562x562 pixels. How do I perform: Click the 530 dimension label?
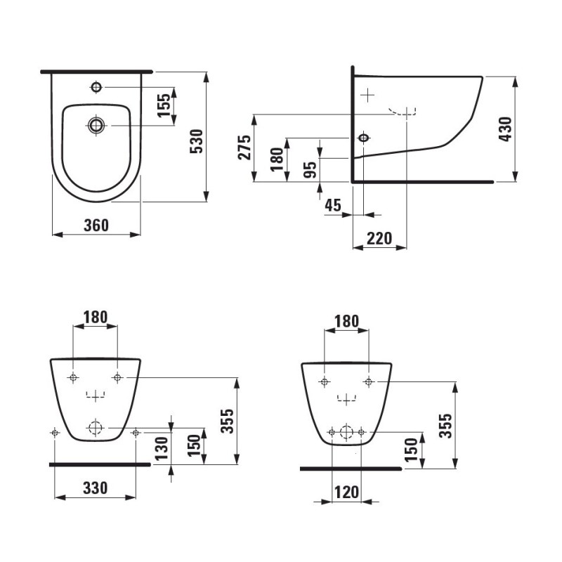(197, 141)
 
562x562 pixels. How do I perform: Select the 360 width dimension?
(96, 225)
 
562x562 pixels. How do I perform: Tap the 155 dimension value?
(164, 106)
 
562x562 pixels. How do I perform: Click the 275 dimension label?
(244, 148)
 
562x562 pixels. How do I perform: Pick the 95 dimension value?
(310, 169)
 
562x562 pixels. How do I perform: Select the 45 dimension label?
(332, 205)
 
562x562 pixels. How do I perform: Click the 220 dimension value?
(379, 238)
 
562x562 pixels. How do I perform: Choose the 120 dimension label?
(346, 492)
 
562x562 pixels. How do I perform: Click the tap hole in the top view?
(96, 87)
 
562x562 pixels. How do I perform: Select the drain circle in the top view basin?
(96, 125)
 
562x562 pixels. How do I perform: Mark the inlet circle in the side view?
(363, 138)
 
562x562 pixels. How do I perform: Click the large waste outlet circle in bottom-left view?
(96, 426)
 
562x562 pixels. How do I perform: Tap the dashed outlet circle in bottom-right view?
(346, 432)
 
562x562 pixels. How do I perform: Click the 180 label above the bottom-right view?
(346, 321)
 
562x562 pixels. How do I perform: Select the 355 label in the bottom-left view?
(226, 421)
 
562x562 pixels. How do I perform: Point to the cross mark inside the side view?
(367, 93)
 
